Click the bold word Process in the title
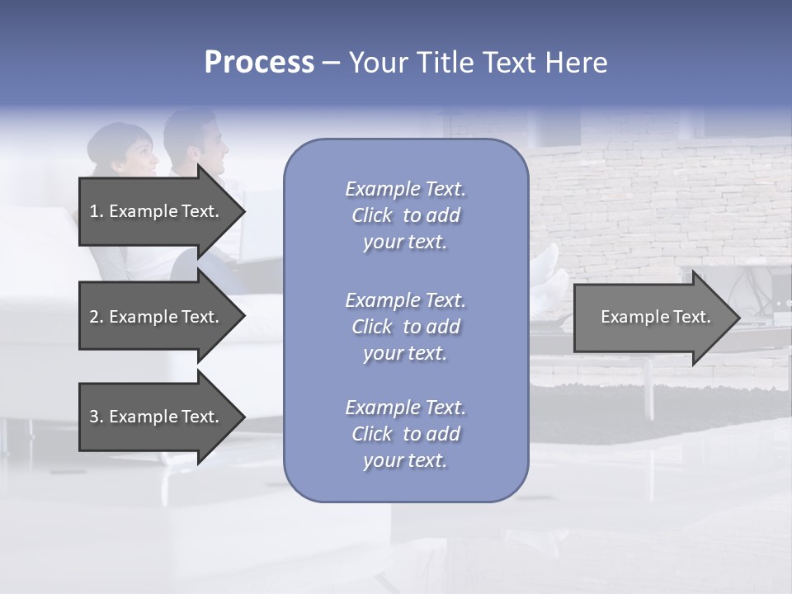259,63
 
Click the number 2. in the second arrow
97,317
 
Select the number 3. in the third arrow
97,417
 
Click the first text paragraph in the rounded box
405,215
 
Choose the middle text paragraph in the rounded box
405,326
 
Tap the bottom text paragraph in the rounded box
405,434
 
